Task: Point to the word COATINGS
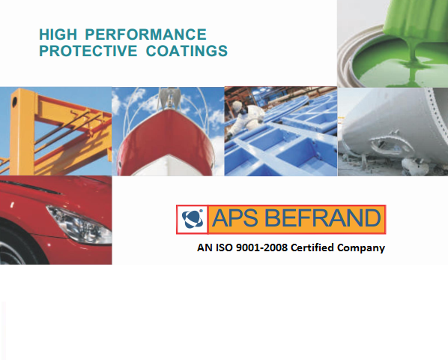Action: click(x=187, y=51)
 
